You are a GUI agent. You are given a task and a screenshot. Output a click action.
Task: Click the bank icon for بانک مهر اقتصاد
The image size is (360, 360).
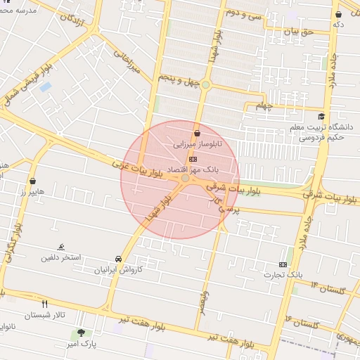[x=193, y=160]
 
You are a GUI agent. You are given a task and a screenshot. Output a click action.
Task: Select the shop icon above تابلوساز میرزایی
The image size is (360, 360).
[x=197, y=133]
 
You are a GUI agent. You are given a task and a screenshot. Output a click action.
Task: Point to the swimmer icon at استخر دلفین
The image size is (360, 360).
[x=62, y=247]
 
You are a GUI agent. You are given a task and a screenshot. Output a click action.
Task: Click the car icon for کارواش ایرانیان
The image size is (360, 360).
[x=118, y=259]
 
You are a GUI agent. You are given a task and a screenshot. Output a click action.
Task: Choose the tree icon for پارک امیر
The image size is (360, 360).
[x=82, y=333]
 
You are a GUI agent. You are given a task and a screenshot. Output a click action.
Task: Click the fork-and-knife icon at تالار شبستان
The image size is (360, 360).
[x=45, y=304]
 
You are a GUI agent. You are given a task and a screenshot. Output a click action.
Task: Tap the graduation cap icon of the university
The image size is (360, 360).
[x=321, y=117]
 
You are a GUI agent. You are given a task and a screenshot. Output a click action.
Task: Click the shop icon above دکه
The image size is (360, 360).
[x=339, y=14]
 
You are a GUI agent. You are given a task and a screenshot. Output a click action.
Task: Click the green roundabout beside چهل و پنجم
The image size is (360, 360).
[x=205, y=85]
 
